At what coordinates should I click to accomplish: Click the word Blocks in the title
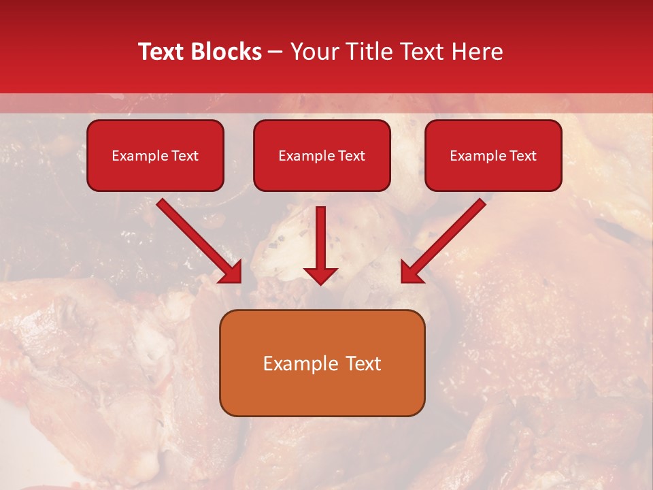point(227,52)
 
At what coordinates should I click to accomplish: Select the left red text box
point(155,155)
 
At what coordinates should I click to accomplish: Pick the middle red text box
point(322,155)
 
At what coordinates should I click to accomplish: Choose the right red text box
point(493,155)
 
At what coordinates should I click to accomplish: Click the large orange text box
point(322,363)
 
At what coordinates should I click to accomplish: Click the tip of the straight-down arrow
point(320,283)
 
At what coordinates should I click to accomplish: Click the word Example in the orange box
point(294,363)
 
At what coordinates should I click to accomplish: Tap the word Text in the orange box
point(364,363)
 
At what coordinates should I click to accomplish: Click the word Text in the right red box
point(522,156)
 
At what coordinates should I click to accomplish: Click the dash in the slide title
point(275,52)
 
